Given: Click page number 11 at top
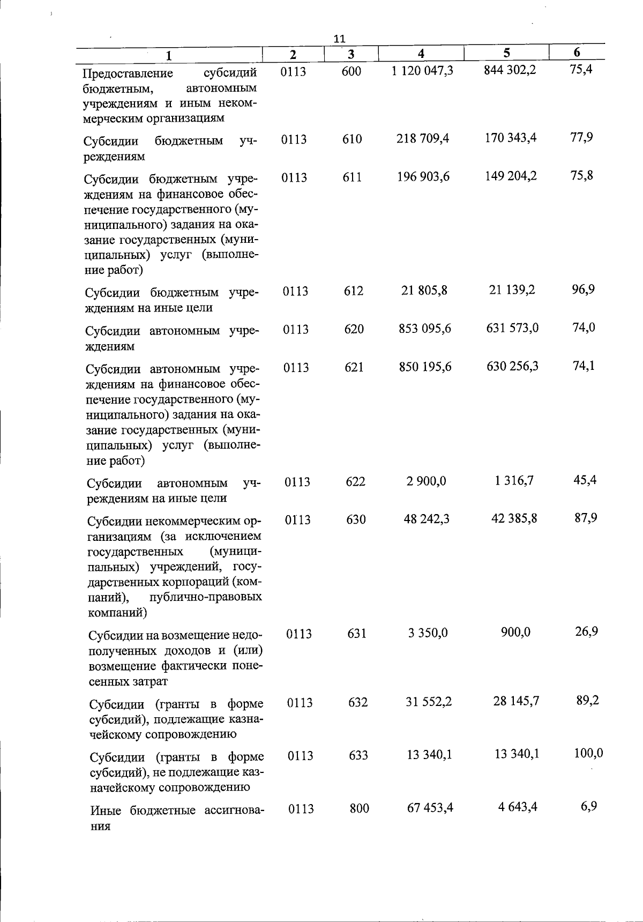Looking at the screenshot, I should click(x=339, y=38).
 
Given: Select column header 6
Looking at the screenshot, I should click(x=577, y=52).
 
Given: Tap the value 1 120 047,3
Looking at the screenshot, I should click(x=422, y=70).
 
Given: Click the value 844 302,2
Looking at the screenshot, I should click(x=510, y=70).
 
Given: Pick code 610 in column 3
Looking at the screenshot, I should click(x=352, y=139).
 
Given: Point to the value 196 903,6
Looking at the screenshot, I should click(x=423, y=177).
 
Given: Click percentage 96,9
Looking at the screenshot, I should click(x=584, y=290).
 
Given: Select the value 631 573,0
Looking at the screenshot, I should click(x=512, y=328).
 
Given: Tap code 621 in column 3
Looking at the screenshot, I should click(x=354, y=367).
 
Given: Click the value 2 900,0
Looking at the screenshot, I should click(x=426, y=481).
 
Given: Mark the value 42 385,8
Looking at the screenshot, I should click(x=514, y=518).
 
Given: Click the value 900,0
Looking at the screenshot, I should click(x=515, y=633).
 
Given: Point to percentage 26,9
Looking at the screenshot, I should click(x=586, y=631).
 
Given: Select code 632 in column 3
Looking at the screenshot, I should click(x=357, y=702).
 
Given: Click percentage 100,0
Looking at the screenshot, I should click(x=588, y=753).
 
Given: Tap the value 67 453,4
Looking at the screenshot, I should click(x=430, y=807).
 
